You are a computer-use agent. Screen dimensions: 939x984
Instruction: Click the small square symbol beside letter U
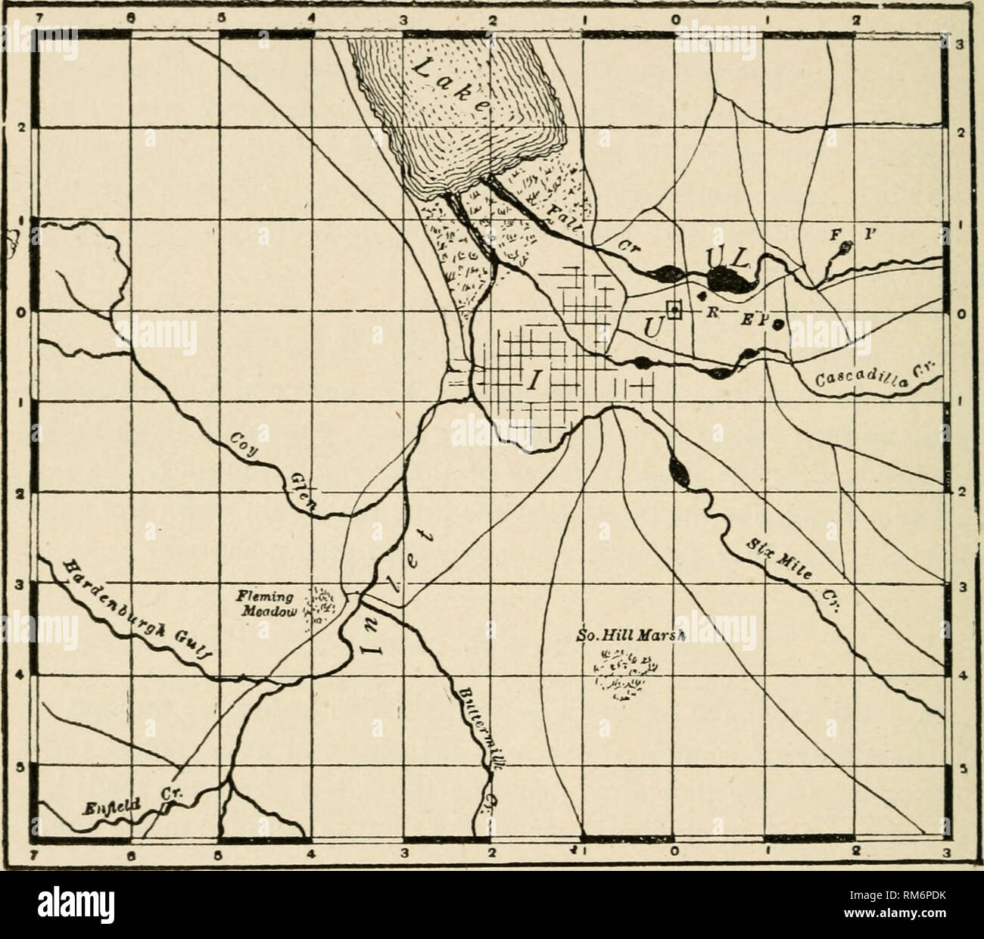673,311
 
